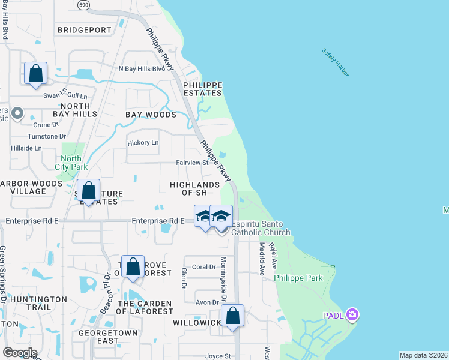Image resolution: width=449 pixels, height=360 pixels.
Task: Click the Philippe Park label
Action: pyautogui.click(x=298, y=278)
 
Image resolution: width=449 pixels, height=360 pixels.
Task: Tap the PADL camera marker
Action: pyautogui.click(x=352, y=314)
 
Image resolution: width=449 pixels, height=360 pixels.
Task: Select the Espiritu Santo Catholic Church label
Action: pyautogui.click(x=261, y=228)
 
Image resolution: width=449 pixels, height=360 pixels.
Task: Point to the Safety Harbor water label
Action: pyautogui.click(x=335, y=62)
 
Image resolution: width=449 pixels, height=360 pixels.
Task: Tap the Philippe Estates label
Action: pyautogui.click(x=203, y=89)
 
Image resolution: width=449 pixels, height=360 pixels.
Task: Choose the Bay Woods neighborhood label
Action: pyautogui.click(x=151, y=114)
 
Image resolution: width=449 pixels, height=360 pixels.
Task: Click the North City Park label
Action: pyautogui.click(x=71, y=162)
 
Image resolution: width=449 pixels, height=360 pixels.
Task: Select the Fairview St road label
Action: pyautogui.click(x=192, y=163)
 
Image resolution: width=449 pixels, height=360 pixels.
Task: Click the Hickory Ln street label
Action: pyautogui.click(x=143, y=143)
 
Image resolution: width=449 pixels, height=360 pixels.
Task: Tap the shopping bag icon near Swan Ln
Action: pyautogui.click(x=36, y=74)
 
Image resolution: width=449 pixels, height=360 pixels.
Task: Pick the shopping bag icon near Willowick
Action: pyautogui.click(x=232, y=316)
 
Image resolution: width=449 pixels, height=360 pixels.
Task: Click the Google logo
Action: pyautogui.click(x=19, y=353)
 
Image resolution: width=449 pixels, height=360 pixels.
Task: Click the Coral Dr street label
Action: pyautogui.click(x=203, y=267)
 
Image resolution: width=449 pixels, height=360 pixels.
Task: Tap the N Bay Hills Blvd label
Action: pyautogui.click(x=142, y=69)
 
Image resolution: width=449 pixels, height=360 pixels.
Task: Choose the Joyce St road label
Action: pyautogui.click(x=218, y=356)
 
